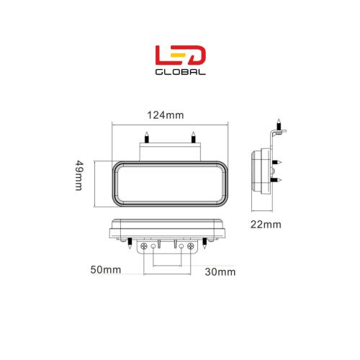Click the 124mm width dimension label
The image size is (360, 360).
coord(166,115)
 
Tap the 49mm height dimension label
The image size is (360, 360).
coord(79,176)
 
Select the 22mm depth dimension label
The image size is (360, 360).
coord(266,225)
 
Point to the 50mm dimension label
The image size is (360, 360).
coord(106,270)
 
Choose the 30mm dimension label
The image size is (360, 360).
coord(220,272)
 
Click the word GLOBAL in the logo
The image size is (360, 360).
coord(181,72)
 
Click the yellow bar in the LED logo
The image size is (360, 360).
coord(179,55)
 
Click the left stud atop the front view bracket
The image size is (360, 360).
coord(146,138)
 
